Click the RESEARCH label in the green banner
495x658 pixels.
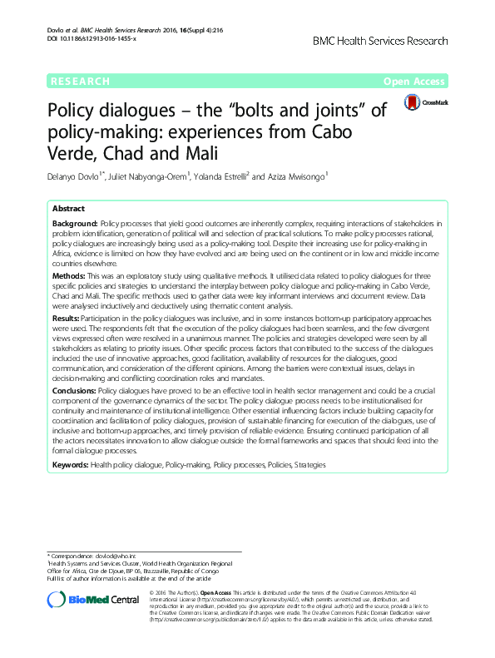80,81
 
